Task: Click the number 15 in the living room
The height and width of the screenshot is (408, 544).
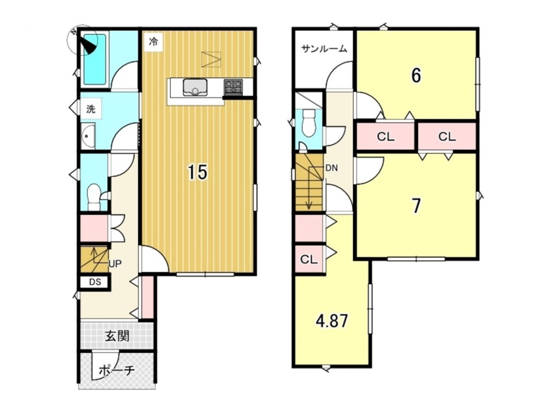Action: [198, 172]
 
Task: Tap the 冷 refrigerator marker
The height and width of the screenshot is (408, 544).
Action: [153, 42]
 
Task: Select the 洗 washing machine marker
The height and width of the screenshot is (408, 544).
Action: [91, 109]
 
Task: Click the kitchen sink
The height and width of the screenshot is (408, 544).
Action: [195, 87]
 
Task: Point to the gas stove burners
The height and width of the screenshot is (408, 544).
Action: [233, 86]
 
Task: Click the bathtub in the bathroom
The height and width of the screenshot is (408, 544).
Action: [95, 59]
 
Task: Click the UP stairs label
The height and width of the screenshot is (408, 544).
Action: [115, 264]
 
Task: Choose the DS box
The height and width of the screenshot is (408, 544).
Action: [95, 282]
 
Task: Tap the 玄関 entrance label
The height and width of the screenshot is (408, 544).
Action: [118, 336]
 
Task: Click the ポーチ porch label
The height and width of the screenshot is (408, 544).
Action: [116, 370]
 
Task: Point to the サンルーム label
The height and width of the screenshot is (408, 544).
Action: [324, 49]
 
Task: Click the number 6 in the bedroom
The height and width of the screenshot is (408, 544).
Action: [416, 75]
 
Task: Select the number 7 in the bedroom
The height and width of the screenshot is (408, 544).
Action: [416, 206]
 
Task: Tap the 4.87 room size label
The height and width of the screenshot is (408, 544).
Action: [332, 321]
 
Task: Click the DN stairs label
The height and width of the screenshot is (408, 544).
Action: [331, 168]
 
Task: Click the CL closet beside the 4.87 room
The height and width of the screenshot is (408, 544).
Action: [309, 259]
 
